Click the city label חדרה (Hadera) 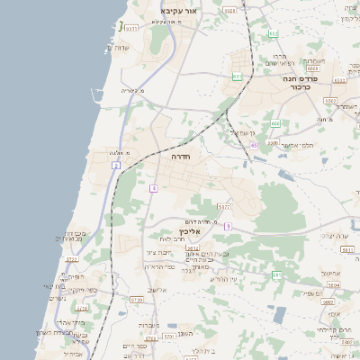pyautogui.click(x=166, y=156)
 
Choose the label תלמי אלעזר pyautogui.click(x=297, y=145)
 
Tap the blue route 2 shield pyautogui.click(x=117, y=166)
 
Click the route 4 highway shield pyautogui.click(x=154, y=188)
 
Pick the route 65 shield pyautogui.click(x=255, y=144)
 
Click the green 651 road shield pyautogui.click(x=236, y=77)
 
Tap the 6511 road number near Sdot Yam pyautogui.click(x=132, y=29)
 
